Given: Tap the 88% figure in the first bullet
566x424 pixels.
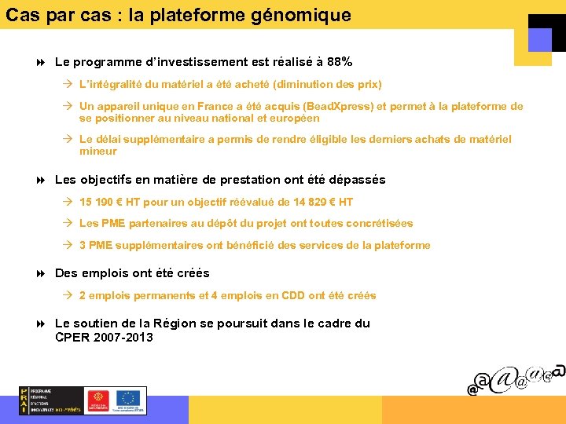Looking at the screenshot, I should point(339,61).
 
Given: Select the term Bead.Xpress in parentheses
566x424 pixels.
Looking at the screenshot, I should point(341,107).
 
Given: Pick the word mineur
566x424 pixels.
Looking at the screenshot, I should point(98,152).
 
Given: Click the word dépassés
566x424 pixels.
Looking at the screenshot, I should point(352,180).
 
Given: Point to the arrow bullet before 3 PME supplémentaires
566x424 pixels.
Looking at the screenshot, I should point(68,246).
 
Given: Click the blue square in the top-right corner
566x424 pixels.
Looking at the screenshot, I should point(540,40).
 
